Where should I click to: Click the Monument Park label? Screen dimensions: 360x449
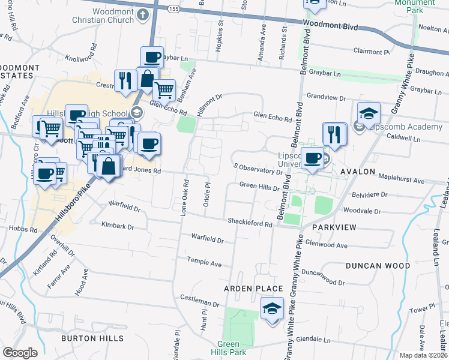coord(414,6)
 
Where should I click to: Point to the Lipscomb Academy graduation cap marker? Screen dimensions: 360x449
coord(369,114)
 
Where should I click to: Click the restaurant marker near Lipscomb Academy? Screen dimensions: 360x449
coord(334,134)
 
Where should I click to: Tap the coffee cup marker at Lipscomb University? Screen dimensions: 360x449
coord(312,158)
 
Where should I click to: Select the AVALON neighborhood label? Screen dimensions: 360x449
coord(358,172)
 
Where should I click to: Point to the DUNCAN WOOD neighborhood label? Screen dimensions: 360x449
coord(378,265)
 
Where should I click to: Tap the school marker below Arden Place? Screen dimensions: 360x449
coord(272,310)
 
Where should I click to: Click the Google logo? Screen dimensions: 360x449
coord(20,352)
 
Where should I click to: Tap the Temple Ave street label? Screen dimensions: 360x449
coord(204,263)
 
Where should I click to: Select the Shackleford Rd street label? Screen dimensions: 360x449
coord(250,222)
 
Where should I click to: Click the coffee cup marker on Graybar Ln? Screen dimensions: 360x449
coord(152,58)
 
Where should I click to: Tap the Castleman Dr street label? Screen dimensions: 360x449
coord(200,298)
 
